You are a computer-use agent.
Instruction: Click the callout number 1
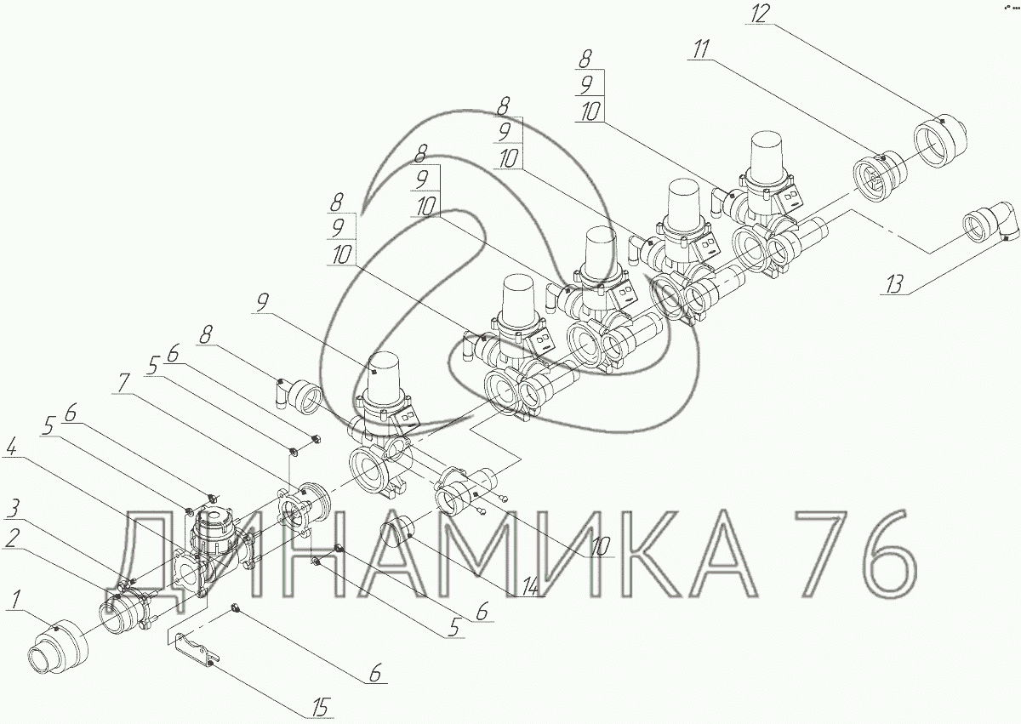click(x=16, y=599)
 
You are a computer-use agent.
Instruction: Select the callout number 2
click(x=12, y=539)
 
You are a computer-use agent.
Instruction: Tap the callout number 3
click(x=14, y=509)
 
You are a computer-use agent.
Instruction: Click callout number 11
click(x=701, y=49)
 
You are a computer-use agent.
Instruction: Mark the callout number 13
click(x=894, y=285)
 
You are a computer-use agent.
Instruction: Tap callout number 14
click(x=530, y=586)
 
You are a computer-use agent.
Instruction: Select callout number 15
click(x=321, y=708)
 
